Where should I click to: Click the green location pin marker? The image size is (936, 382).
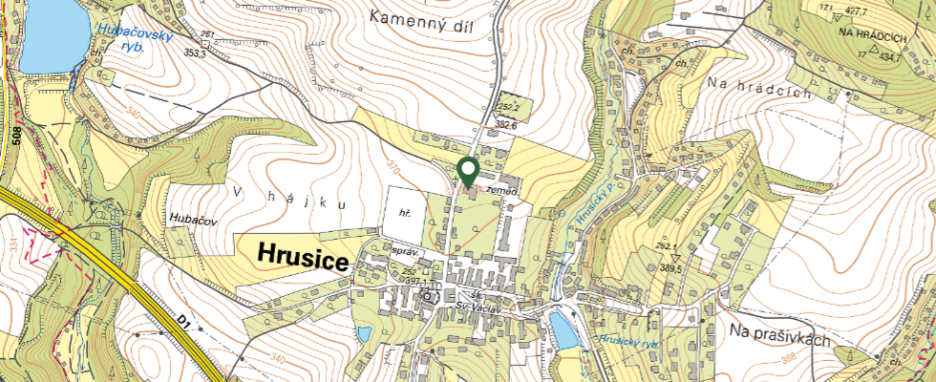tap(468, 172)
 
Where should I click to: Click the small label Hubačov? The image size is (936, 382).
tap(193, 219)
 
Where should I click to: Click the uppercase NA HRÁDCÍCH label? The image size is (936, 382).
tap(871, 33)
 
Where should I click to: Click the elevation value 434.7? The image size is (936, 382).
tap(890, 57)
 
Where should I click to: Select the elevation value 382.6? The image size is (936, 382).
tap(505, 125)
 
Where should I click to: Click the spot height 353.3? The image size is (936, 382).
tap(196, 54)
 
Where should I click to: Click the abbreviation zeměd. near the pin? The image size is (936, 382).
tap(501, 191)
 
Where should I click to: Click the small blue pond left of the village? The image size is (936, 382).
tap(364, 335)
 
